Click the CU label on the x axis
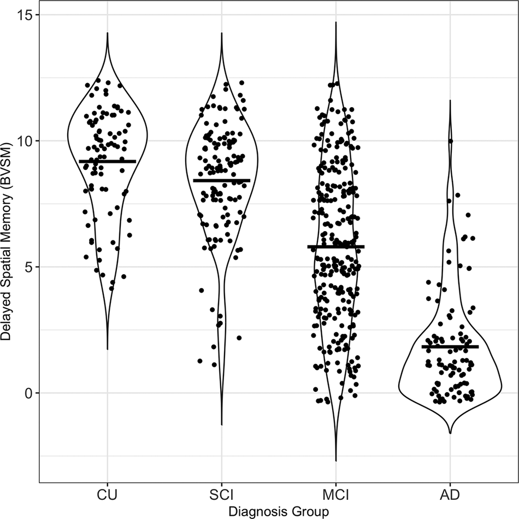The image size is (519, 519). (x=107, y=496)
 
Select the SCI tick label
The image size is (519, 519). (x=221, y=496)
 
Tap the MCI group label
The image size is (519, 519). (x=335, y=496)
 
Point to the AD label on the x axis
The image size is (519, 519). (x=450, y=496)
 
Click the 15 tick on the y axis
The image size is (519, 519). (x=25, y=15)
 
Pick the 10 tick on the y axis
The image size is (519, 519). (x=25, y=141)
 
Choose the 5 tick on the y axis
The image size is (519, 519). (x=28, y=267)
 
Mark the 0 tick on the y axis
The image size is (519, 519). (x=28, y=393)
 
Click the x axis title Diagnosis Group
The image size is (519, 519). (x=279, y=512)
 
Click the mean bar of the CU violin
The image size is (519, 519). (x=107, y=162)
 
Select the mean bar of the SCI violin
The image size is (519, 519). (x=221, y=180)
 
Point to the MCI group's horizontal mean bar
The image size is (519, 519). (x=335, y=247)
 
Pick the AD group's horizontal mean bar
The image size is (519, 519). (x=450, y=347)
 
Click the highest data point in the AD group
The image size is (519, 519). (x=451, y=141)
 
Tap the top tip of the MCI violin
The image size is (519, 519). (x=335, y=22)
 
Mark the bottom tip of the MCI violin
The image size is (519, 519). (x=335, y=461)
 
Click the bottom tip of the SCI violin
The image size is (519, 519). (x=221, y=424)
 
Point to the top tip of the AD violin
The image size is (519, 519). (x=450, y=101)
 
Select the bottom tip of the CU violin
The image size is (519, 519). (x=107, y=349)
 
